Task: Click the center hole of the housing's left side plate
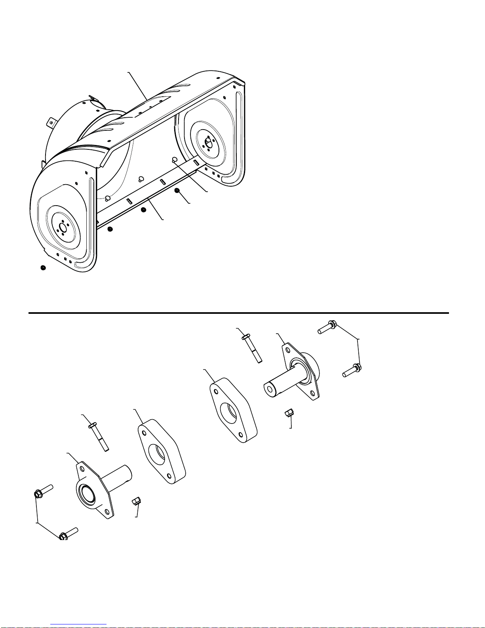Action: coord(62,228)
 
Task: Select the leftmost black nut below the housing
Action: coord(43,268)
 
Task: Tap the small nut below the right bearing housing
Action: coord(289,414)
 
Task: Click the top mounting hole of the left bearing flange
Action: coord(82,469)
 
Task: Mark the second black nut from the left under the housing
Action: coord(110,229)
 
